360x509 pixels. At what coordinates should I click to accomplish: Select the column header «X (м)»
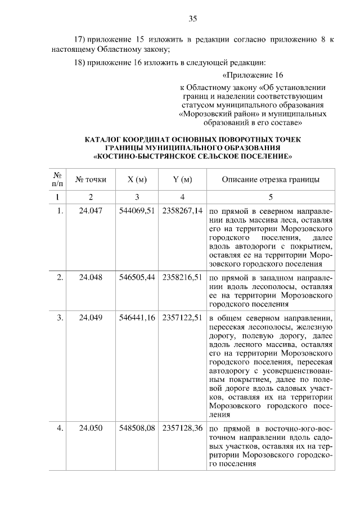pos(137,179)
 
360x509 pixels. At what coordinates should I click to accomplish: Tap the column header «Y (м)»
pos(182,179)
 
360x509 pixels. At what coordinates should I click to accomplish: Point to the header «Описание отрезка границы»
pos(271,179)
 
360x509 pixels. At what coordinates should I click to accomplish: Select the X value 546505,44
pos(137,278)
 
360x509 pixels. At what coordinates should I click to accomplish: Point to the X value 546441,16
pos(137,318)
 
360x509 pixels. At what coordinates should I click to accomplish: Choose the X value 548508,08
pos(137,429)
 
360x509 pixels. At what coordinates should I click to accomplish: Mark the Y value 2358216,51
pos(182,278)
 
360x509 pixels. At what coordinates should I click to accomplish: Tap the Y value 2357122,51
pos(182,318)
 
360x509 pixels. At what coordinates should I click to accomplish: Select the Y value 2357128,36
pos(182,429)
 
